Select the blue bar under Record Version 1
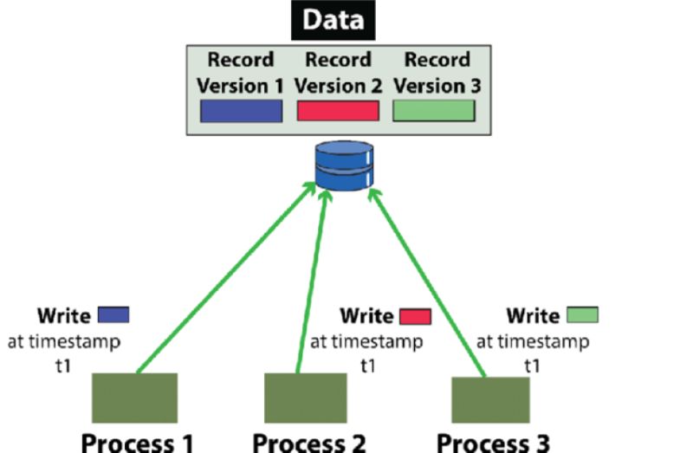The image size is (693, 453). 241,111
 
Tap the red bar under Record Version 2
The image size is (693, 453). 338,111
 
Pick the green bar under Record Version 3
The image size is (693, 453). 434,111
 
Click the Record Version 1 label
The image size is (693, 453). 240,74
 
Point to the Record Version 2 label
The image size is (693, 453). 338,74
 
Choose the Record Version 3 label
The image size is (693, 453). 436,74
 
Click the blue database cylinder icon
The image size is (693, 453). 344,166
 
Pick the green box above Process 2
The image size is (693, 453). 299,398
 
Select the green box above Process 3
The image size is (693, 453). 490,399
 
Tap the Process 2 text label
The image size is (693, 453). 309,442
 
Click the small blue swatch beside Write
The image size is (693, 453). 113,315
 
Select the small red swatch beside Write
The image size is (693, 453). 415,317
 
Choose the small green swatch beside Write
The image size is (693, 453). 581,315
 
